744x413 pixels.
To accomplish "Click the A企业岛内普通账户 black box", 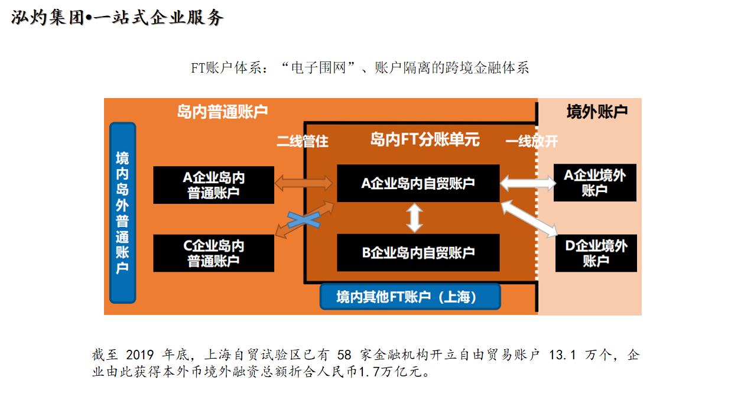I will tap(213, 185).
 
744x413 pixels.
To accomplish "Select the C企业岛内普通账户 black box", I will tap(213, 253).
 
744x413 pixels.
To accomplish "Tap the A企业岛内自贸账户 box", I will tap(418, 183).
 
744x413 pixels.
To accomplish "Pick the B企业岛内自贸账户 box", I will tap(418, 252).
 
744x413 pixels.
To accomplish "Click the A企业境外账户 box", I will tap(595, 183).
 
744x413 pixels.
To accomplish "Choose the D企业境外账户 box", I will tap(596, 253).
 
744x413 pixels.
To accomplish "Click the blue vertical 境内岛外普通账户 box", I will tap(122, 213).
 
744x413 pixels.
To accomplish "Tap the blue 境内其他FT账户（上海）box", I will tap(410, 297).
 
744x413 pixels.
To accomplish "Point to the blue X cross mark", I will tap(304, 220).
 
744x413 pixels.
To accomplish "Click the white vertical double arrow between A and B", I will tap(415, 217).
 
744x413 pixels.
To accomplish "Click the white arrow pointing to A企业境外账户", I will tap(528, 183).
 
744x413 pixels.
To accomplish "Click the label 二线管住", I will tap(302, 142).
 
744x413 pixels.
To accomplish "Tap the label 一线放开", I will tap(531, 142).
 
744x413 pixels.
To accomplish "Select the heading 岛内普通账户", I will tap(222, 112).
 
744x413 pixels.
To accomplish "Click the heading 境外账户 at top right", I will tap(597, 112).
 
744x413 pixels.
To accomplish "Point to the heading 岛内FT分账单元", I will tap(424, 139).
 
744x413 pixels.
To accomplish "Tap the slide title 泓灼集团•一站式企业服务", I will tap(118, 18).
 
